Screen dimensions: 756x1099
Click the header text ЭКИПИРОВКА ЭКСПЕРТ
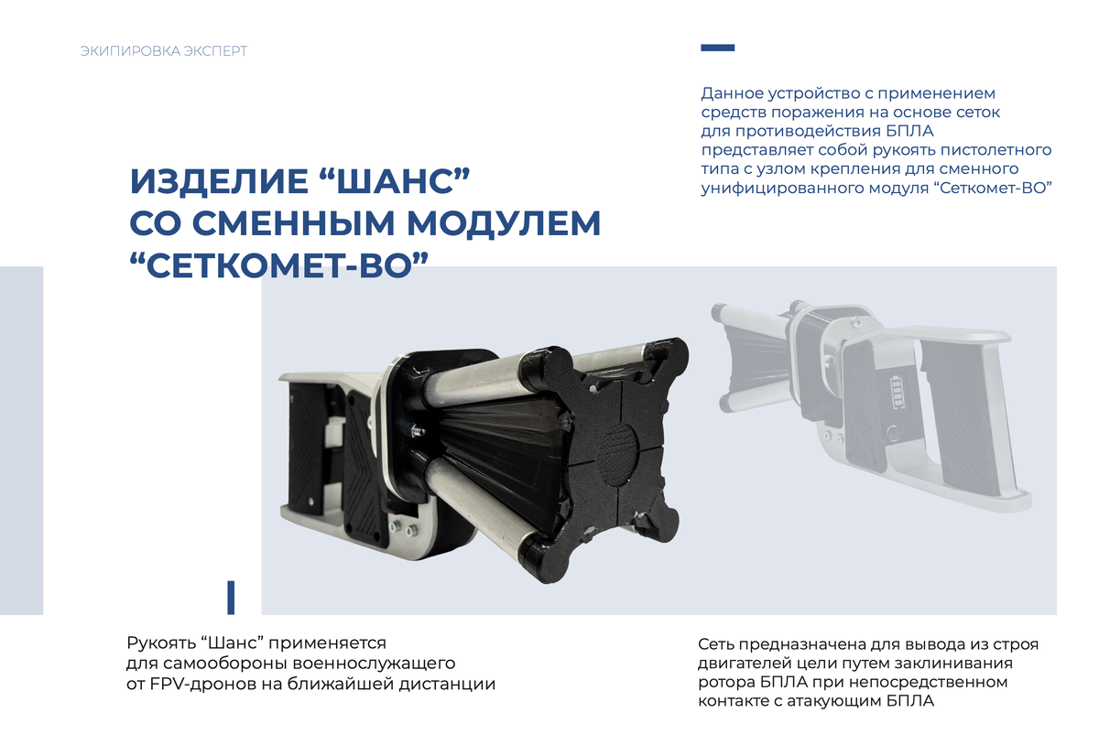(x=164, y=51)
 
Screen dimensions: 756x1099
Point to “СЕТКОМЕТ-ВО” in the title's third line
(x=280, y=265)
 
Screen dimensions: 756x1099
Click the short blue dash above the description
(x=717, y=48)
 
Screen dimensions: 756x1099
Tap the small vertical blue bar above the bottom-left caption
(x=231, y=597)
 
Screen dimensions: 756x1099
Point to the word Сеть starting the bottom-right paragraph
(x=717, y=644)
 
